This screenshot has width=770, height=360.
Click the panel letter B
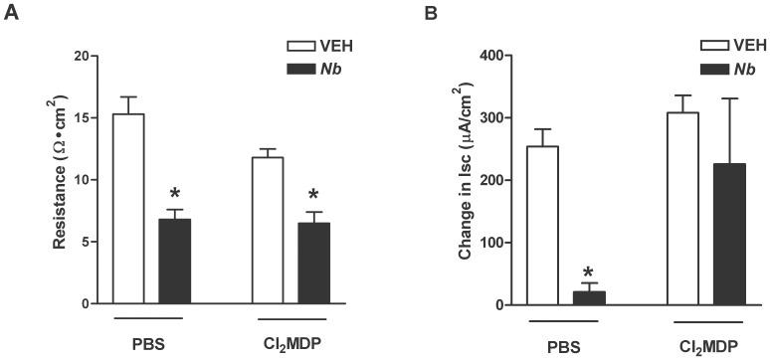coord(403,15)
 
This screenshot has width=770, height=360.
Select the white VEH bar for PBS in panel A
coord(129,209)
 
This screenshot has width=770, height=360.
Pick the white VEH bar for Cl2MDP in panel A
coord(269,230)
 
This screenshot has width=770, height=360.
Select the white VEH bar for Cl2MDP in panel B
coord(682,208)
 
